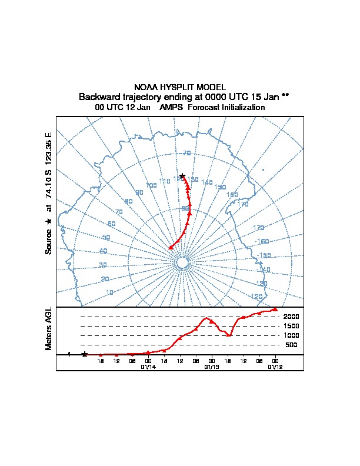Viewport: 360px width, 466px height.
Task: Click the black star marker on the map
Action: (x=182, y=176)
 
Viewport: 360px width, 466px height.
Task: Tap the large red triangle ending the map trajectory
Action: (x=171, y=248)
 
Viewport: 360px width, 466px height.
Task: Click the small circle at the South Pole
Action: (x=182, y=262)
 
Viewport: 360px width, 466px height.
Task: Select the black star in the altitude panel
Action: (x=85, y=354)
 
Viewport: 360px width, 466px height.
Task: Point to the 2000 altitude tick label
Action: (x=291, y=317)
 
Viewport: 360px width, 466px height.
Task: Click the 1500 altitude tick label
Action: (x=291, y=326)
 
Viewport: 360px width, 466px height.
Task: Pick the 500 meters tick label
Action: (x=291, y=345)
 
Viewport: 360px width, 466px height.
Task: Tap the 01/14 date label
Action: (x=148, y=367)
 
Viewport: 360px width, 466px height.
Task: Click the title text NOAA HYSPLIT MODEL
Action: (x=180, y=87)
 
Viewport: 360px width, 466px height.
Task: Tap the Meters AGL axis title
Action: (x=49, y=329)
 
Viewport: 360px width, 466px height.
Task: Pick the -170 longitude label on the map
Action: (x=257, y=228)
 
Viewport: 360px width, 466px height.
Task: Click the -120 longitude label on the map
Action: (x=256, y=297)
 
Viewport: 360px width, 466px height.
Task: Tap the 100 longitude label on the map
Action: (x=151, y=185)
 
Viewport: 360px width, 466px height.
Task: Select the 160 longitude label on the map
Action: (x=232, y=195)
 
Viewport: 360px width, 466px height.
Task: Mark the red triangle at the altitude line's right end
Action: (x=275, y=308)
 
